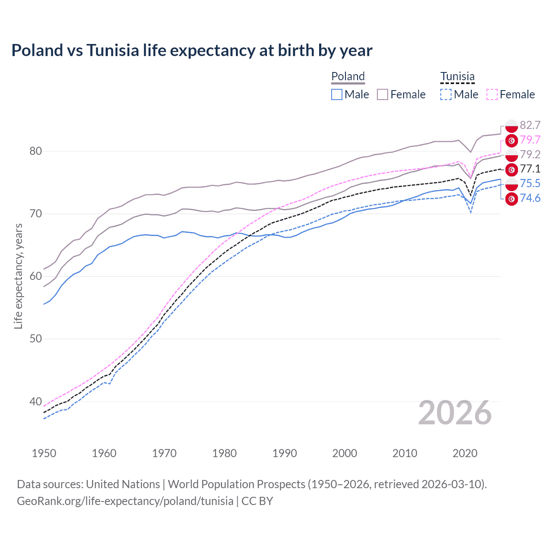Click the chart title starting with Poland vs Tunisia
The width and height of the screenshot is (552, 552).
pos(191,50)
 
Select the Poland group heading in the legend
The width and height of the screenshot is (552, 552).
pos(348,76)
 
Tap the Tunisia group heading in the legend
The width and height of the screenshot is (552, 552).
pos(457,76)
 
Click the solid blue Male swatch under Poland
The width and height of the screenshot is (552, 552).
pos(337,94)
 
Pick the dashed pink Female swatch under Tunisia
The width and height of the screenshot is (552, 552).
pos(492,94)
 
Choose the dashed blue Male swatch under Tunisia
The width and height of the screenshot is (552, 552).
pos(446,94)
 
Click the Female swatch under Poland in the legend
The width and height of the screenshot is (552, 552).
pos(383,94)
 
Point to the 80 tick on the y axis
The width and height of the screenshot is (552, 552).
pos(36,151)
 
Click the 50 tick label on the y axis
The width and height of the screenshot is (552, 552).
pos(36,339)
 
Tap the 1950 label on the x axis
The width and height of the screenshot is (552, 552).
pos(44,453)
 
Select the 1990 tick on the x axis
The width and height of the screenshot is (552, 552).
pos(285,453)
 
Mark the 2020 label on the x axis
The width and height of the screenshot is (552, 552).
pos(465,453)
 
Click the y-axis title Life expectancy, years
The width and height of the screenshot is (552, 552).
pos(18,276)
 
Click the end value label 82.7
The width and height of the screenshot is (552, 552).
pos(530,125)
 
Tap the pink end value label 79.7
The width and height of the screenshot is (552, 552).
pos(530,140)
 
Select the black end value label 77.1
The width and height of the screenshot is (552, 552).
pos(530,169)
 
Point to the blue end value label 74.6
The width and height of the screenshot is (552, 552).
pos(530,198)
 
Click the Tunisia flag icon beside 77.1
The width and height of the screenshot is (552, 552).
pos(511,169)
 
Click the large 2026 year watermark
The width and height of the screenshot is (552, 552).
pos(455,413)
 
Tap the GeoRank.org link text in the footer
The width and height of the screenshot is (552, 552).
pos(125,501)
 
